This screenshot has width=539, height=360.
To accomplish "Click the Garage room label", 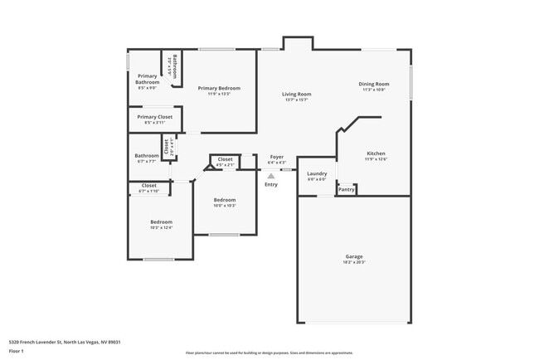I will click(354, 256).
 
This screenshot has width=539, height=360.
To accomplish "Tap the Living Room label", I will click(296, 95).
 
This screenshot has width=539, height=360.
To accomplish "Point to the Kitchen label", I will click(376, 153).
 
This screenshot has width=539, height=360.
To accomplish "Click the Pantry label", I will click(347, 190).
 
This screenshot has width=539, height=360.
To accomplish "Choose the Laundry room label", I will click(317, 173).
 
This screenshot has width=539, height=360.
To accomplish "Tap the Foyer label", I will click(276, 156).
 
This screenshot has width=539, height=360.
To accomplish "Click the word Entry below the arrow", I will click(271, 184).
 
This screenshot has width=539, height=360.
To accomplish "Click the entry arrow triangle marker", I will click(271, 175).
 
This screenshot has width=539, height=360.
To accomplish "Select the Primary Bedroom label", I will click(219, 88).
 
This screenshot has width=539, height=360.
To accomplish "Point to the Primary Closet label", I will click(155, 117).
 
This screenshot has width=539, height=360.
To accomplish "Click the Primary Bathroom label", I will click(147, 80).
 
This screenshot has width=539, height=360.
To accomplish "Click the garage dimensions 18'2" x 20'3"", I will click(354, 262).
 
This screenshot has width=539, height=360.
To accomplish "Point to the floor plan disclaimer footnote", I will click(269, 353).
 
